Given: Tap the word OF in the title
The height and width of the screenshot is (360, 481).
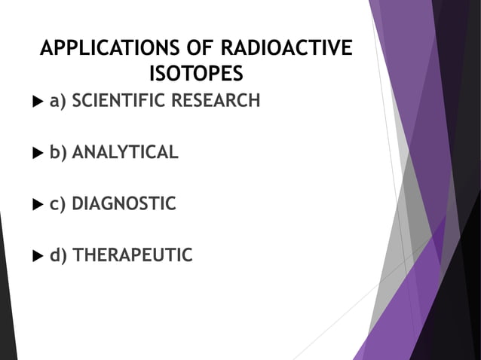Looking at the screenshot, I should click(x=187, y=50).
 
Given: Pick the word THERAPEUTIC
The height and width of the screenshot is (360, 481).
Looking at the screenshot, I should click(x=132, y=256).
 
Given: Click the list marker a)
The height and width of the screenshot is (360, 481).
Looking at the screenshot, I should click(x=58, y=101).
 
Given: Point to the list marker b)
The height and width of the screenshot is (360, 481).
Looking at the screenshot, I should click(x=58, y=154).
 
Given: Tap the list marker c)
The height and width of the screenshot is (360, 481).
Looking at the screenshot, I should click(x=58, y=205).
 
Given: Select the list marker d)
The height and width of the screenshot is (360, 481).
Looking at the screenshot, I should click(x=58, y=257).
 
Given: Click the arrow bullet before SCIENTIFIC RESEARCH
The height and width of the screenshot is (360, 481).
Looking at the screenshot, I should click(x=38, y=101).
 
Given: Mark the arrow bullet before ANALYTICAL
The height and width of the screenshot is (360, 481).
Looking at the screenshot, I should click(x=38, y=154).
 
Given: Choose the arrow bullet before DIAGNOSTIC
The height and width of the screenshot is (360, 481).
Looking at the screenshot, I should click(x=38, y=205).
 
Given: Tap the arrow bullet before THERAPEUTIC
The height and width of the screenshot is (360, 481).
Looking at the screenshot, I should click(x=38, y=257).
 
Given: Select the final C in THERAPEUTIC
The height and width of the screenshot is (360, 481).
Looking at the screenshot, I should click(x=186, y=256).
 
